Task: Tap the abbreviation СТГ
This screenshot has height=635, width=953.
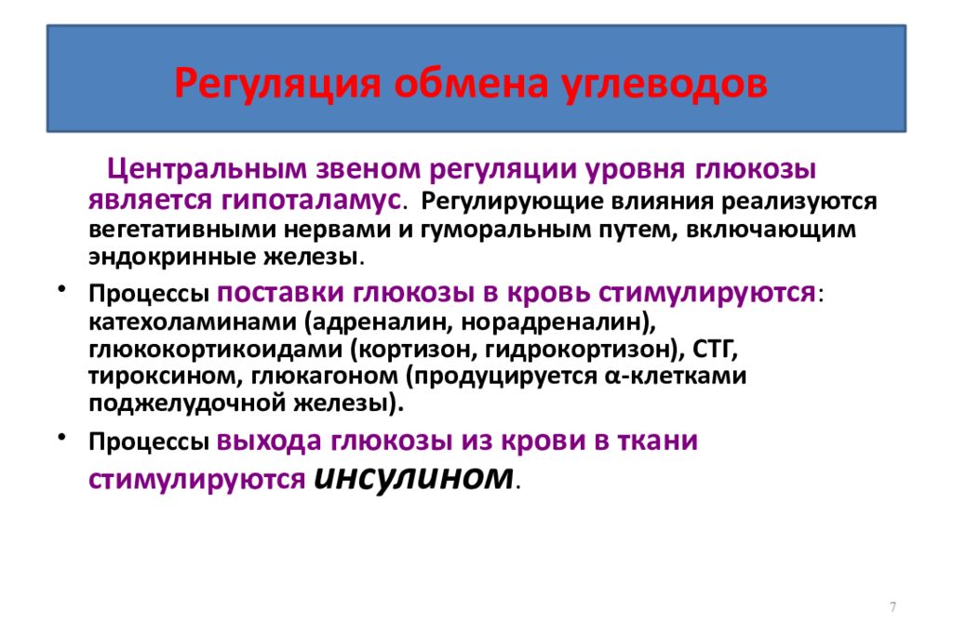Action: pyautogui.click(x=715, y=350)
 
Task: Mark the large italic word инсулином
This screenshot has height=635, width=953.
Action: pyautogui.click(x=414, y=476)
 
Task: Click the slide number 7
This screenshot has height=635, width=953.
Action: pyautogui.click(x=893, y=607)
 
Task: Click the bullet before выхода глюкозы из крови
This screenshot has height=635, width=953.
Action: pyautogui.click(x=61, y=437)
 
